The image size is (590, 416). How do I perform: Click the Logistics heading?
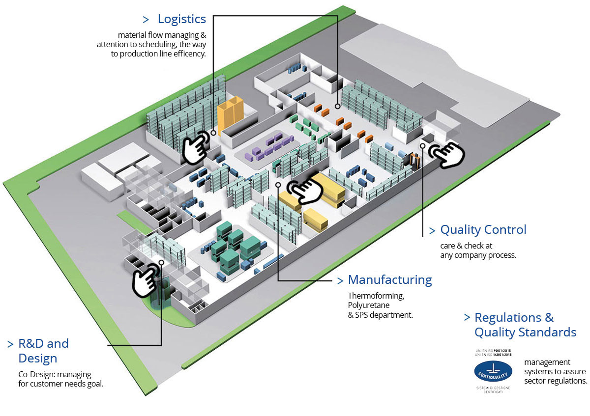pos(181,19)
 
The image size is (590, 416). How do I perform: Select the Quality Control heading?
pos(483,229)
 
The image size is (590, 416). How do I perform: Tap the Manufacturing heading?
pos(390,280)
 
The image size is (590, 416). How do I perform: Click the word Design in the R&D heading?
pos(38,359)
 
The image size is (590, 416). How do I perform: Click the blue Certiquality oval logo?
pos(493,371)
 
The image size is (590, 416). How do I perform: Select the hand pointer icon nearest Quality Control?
pos(446,154)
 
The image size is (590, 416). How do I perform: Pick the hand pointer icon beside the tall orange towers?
pos(196,147)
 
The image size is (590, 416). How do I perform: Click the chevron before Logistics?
pos(146,20)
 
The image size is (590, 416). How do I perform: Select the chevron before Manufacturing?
pos(340,281)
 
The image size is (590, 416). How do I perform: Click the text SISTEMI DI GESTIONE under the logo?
pos(493,388)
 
